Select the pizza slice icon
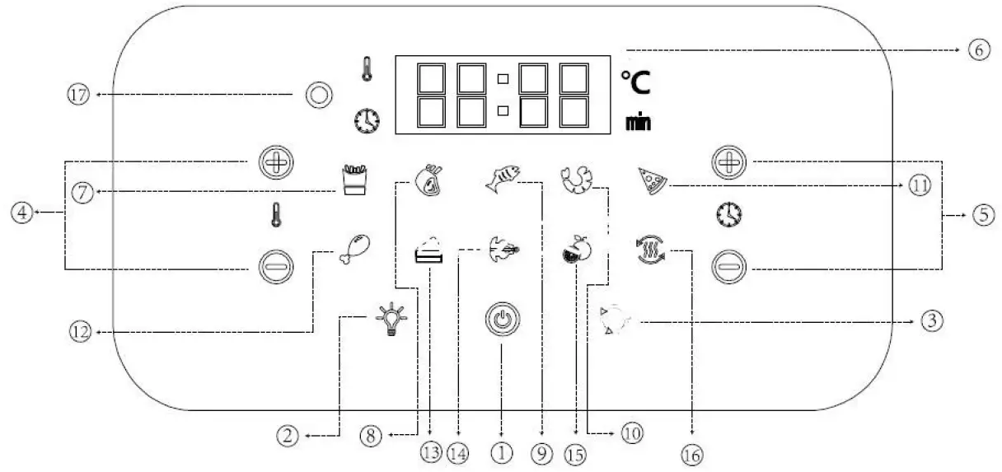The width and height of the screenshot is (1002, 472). coord(653,180)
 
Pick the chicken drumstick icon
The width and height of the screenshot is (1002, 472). coord(354,248)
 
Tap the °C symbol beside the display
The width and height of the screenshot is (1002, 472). coord(634,82)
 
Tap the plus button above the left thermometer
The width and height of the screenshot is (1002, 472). coord(272,163)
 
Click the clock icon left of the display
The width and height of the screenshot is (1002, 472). coord(367,121)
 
